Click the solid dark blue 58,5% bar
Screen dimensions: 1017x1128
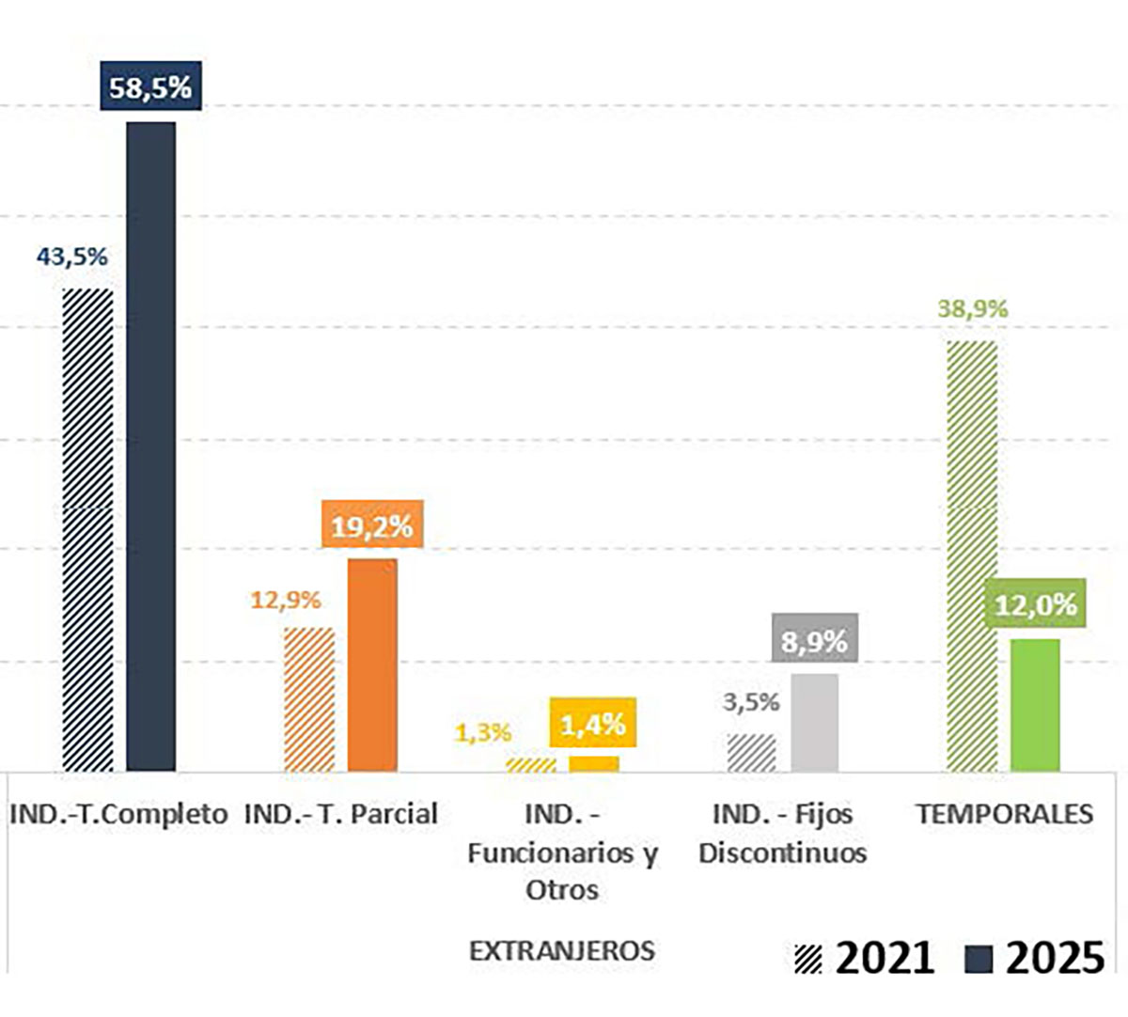[151, 446]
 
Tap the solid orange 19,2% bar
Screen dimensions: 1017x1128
[372, 665]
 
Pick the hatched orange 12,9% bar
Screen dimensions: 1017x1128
[309, 699]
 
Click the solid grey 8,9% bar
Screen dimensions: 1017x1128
[815, 722]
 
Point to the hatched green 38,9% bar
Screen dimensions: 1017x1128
[972, 555]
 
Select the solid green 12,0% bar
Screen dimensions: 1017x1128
[1035, 705]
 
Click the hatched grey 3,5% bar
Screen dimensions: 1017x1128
[752, 752]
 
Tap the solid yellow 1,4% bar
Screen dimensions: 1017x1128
[594, 763]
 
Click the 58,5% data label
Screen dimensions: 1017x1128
[150, 87]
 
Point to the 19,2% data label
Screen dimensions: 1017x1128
[372, 526]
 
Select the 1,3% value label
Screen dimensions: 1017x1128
[483, 732]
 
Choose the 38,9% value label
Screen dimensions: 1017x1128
[972, 309]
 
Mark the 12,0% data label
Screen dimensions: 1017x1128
[1035, 605]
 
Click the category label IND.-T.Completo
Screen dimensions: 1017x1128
[118, 814]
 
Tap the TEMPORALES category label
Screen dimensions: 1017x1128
[1004, 814]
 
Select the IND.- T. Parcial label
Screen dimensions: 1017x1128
[341, 814]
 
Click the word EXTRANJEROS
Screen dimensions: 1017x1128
[562, 950]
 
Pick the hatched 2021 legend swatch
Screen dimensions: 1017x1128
[807, 960]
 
